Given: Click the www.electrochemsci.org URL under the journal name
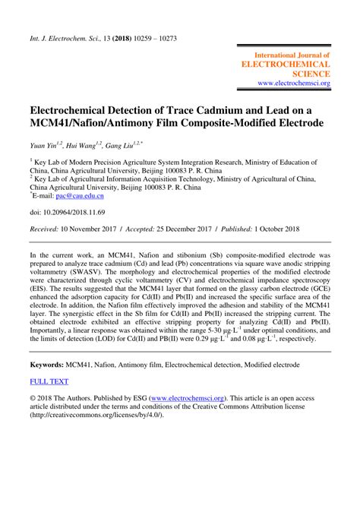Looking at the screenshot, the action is click(x=294, y=83).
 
